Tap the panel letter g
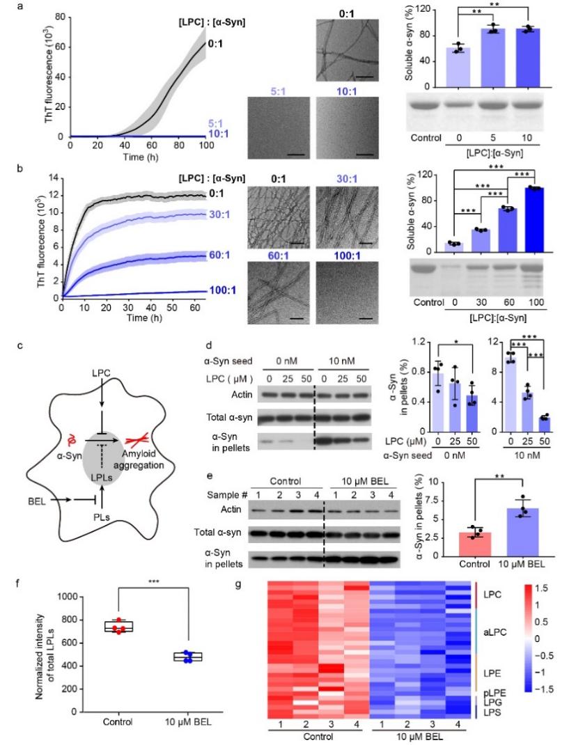[240, 579]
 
